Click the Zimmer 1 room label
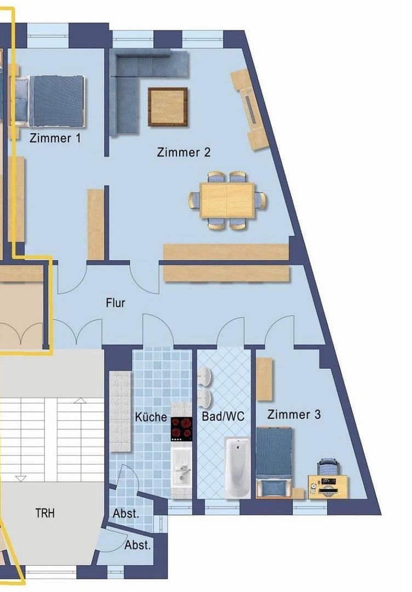[x=55, y=138]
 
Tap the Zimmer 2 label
[x=184, y=152]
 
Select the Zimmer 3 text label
[x=294, y=414]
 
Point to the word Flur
[x=116, y=302]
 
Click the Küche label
[x=151, y=417]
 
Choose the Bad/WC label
[x=223, y=417]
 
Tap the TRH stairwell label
[x=45, y=514]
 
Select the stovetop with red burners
[x=182, y=429]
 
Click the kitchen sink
[x=181, y=471]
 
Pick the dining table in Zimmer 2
[x=227, y=200]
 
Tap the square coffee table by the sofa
[x=168, y=107]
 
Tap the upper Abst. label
[x=126, y=514]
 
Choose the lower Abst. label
[x=137, y=545]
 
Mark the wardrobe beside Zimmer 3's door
[x=264, y=379]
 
